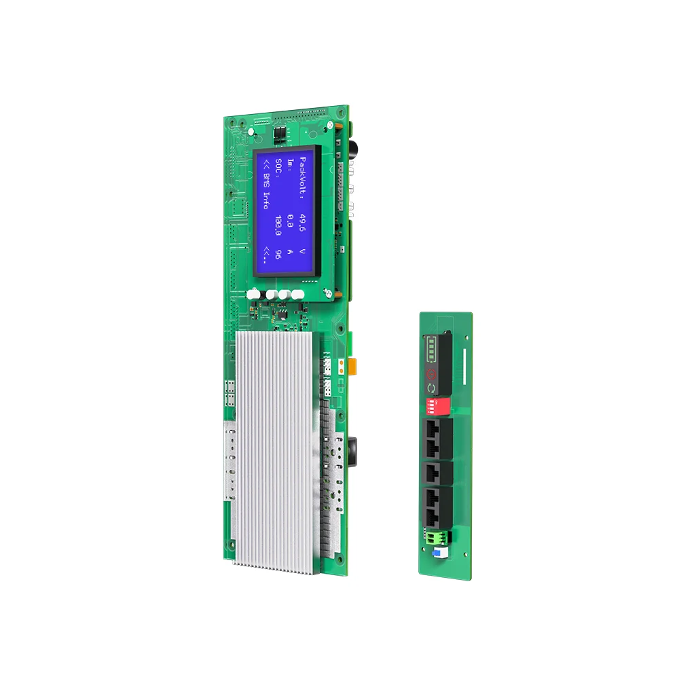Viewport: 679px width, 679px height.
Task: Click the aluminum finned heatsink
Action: pos(276,448)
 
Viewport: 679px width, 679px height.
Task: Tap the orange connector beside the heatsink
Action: pos(354,367)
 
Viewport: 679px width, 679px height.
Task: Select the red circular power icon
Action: pos(430,374)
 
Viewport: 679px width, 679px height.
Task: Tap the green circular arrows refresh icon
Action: pos(430,388)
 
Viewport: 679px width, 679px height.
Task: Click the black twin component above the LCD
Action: pos(279,134)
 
